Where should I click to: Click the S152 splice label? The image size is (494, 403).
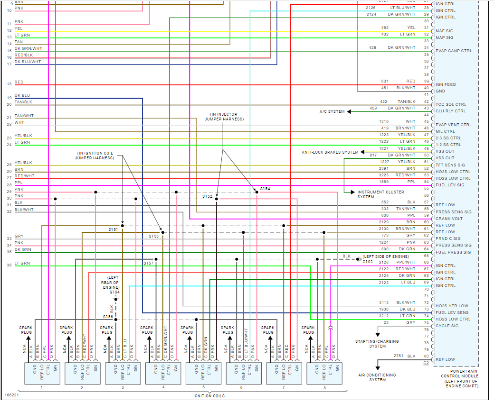(207, 196)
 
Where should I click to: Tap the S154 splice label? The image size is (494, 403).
(265, 189)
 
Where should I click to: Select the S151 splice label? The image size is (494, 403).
(113, 229)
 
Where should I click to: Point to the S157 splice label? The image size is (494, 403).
(149, 263)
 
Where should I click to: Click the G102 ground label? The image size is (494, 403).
(368, 262)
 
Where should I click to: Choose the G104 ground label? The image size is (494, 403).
(114, 293)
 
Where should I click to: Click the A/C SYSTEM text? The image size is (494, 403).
(332, 111)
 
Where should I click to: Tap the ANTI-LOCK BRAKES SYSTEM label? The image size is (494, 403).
(330, 152)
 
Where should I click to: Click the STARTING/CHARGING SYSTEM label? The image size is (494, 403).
(377, 343)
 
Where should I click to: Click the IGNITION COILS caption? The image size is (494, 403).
(209, 396)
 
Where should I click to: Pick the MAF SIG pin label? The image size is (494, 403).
(445, 31)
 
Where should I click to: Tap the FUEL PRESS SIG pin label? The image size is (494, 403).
(453, 252)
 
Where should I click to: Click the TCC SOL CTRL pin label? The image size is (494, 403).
(451, 104)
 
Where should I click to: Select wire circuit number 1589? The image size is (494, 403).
(384, 182)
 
